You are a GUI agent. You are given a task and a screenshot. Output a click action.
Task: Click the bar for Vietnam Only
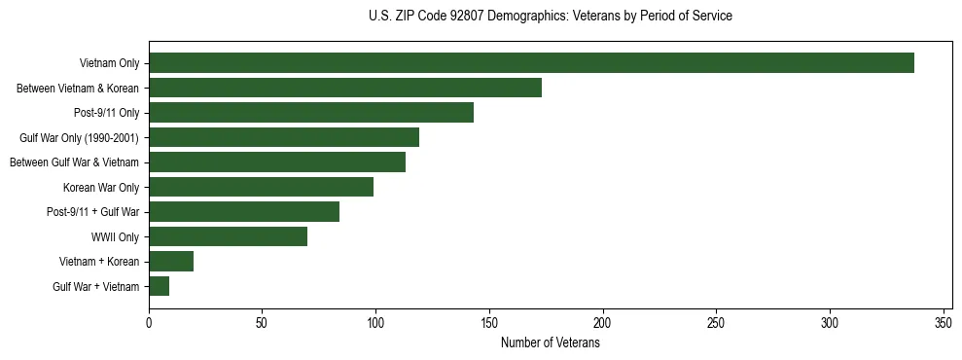tap(531, 63)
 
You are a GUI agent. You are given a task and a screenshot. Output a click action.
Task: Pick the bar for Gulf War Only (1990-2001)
tap(284, 137)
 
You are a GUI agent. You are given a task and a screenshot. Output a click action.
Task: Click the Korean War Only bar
tap(261, 187)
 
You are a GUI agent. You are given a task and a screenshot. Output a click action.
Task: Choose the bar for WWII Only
tap(228, 236)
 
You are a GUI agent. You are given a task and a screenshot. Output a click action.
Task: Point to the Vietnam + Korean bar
tap(171, 261)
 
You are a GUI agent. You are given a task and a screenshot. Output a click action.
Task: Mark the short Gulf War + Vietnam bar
tap(160, 286)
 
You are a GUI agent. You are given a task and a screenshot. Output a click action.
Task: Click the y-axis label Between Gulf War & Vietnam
tap(74, 162)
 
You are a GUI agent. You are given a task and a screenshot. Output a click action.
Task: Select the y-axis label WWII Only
tap(115, 236)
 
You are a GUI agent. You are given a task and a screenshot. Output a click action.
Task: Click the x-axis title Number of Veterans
tap(550, 343)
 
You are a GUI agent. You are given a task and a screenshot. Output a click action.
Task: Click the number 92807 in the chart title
tap(457, 16)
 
